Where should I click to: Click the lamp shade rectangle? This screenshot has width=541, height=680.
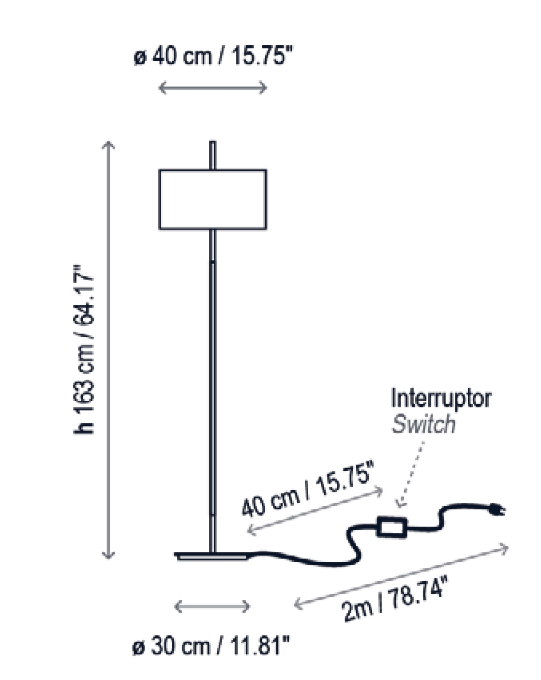212,199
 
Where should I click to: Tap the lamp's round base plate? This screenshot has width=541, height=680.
213,556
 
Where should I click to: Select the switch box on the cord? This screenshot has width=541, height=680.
392,527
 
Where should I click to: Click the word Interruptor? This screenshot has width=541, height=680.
440,399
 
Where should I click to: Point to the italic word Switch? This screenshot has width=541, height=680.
423,424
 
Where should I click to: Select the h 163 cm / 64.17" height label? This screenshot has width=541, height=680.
83,348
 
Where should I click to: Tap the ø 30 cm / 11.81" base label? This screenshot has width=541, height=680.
211,647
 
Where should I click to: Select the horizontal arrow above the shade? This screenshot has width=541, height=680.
213,88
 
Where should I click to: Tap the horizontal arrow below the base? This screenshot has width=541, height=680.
212,606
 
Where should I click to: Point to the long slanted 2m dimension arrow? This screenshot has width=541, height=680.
402,576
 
